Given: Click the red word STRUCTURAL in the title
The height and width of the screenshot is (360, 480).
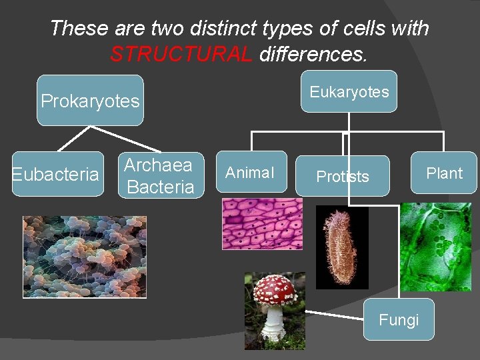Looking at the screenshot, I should (x=181, y=54).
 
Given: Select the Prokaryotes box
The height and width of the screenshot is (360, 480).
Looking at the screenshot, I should (x=90, y=101).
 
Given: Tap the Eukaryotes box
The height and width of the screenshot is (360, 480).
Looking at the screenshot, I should (x=349, y=91).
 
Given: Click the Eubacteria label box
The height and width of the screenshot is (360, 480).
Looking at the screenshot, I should (x=57, y=174).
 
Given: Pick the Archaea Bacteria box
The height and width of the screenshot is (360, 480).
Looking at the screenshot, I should (x=160, y=176).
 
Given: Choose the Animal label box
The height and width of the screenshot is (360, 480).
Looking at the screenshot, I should (x=249, y=173).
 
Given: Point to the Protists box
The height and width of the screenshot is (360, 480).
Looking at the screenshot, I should (x=342, y=176).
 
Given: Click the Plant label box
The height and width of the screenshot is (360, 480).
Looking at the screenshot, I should (x=444, y=173).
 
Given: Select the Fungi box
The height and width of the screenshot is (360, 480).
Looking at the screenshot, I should (x=399, y=320).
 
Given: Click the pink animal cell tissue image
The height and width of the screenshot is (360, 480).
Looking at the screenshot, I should (x=262, y=225).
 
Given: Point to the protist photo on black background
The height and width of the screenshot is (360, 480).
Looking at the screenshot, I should (x=341, y=247).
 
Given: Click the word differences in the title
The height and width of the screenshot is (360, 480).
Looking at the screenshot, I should (x=313, y=54).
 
